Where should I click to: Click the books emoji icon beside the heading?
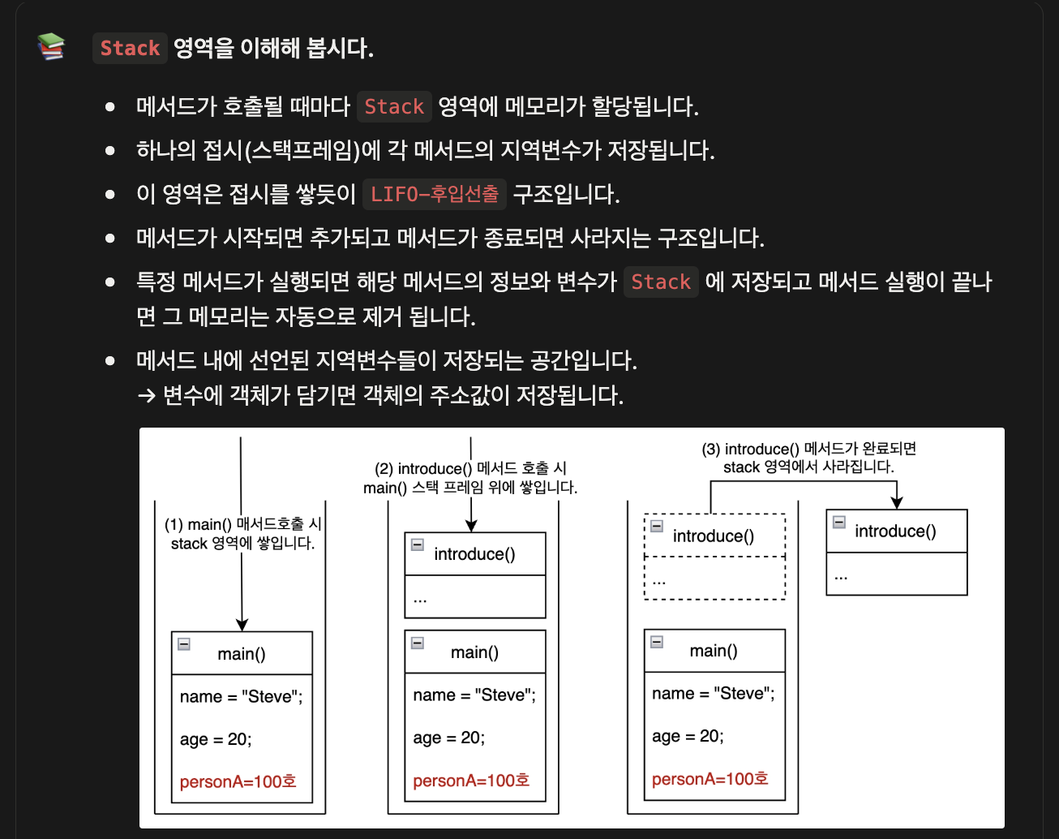click(51, 47)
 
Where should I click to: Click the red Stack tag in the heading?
click(130, 48)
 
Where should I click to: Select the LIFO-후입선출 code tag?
click(435, 194)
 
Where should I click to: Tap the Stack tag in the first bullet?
click(394, 106)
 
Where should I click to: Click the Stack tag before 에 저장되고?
click(661, 282)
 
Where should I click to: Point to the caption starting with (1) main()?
click(242, 534)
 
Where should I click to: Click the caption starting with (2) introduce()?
click(470, 478)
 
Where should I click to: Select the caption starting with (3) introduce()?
click(808, 458)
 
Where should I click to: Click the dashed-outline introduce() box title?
click(714, 536)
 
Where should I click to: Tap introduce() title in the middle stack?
click(474, 554)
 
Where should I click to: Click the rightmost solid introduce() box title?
click(895, 531)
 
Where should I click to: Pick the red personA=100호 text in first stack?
click(238, 782)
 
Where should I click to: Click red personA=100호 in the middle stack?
click(471, 781)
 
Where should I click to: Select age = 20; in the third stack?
click(688, 736)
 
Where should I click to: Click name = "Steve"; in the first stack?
click(241, 697)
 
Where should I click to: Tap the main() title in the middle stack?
click(474, 652)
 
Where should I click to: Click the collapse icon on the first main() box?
click(184, 644)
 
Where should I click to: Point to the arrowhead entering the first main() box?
click(242, 625)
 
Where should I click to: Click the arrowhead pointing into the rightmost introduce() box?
click(897, 503)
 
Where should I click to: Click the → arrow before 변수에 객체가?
click(146, 396)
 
